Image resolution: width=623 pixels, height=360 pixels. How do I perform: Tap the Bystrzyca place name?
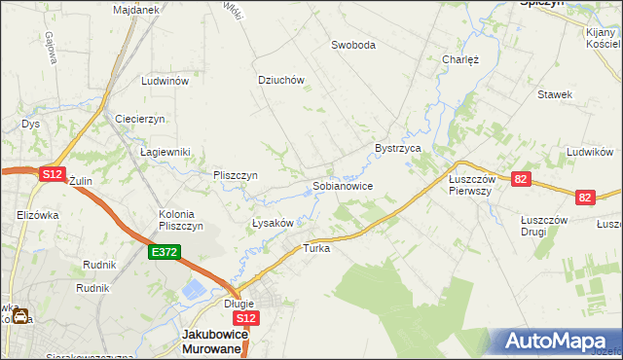[397, 148]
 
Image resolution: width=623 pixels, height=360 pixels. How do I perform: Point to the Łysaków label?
[273, 223]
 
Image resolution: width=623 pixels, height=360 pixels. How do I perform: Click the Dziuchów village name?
[281, 80]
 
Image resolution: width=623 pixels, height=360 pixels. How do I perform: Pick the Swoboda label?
[352, 45]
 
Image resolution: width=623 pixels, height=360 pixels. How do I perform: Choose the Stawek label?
[555, 94]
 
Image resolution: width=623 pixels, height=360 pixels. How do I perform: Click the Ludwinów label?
[164, 82]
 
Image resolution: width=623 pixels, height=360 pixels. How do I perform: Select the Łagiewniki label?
[165, 153]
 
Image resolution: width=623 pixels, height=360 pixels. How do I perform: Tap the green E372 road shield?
[163, 252]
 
